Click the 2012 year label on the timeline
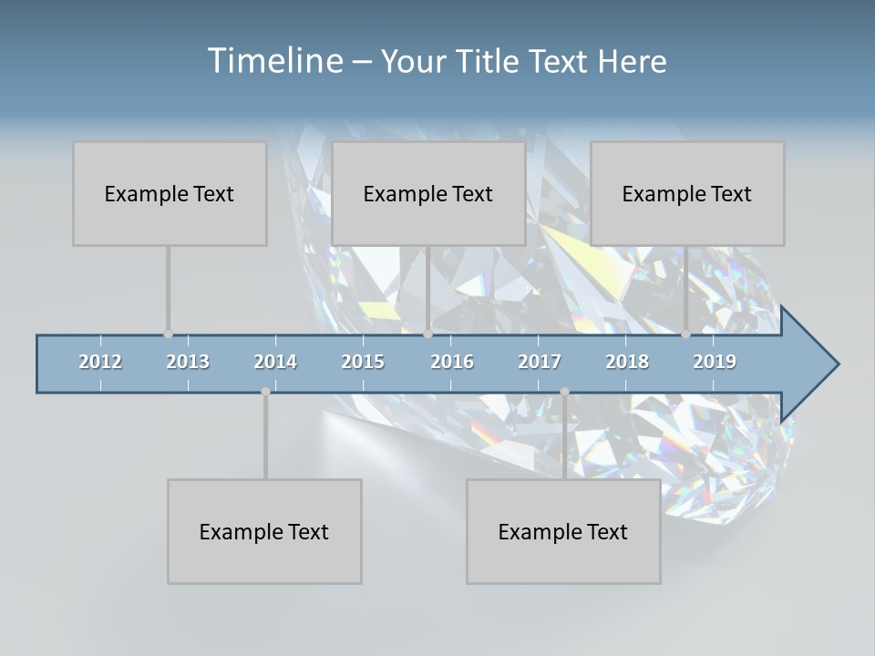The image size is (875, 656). tap(100, 362)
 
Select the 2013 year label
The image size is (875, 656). tap(188, 362)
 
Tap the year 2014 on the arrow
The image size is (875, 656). tap(275, 362)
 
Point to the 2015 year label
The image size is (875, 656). tap(363, 362)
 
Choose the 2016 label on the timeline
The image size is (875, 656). tap(452, 362)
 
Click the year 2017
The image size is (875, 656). tap(540, 362)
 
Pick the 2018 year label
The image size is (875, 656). tap(627, 362)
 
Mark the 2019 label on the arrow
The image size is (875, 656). tap(715, 362)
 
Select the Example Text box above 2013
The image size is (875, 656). tap(170, 193)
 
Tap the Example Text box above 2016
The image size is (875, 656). tap(428, 193)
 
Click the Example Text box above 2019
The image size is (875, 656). tap(687, 193)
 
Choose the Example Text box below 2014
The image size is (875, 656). tap(264, 531)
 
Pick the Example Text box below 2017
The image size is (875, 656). tap(563, 531)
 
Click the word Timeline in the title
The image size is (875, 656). tap(273, 60)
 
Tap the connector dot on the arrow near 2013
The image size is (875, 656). tap(168, 334)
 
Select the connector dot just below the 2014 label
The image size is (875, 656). tap(265, 392)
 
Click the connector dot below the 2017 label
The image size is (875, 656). tap(564, 392)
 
